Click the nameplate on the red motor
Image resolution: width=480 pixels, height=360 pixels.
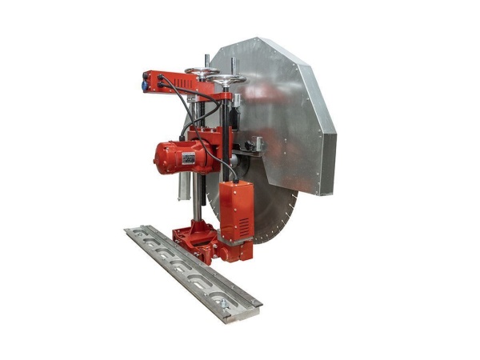(x=189, y=157)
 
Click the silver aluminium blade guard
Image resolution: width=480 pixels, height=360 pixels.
(x=288, y=112)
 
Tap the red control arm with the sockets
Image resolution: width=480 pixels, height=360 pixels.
(x=172, y=83)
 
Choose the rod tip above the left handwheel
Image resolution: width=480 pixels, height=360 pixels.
(x=207, y=57)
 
